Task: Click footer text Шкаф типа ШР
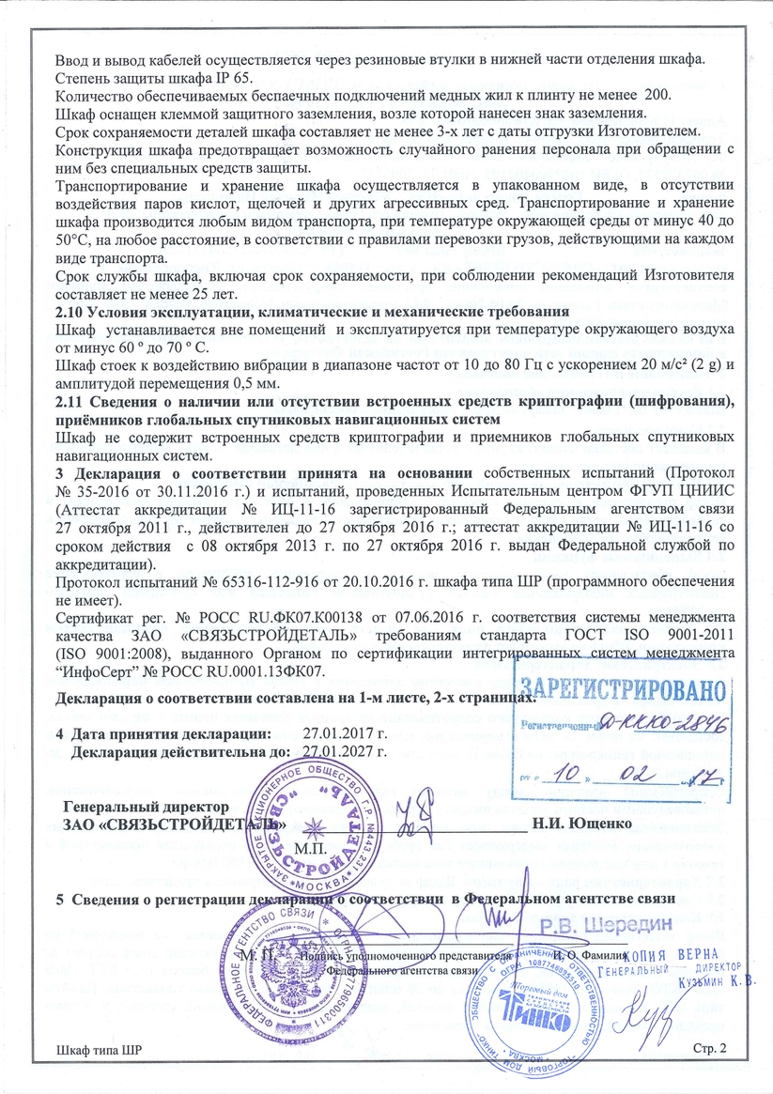pyautogui.click(x=99, y=1074)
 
